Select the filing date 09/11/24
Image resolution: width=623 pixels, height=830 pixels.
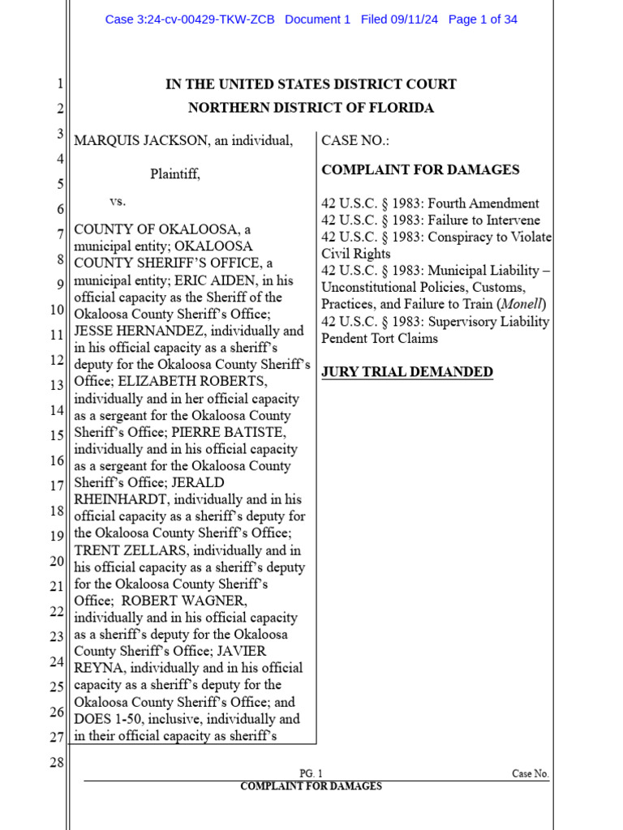click(414, 19)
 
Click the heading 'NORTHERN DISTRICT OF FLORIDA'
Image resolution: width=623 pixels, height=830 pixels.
click(311, 108)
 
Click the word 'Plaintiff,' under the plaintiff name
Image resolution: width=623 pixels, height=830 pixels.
click(174, 174)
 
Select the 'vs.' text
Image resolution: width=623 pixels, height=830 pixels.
click(118, 200)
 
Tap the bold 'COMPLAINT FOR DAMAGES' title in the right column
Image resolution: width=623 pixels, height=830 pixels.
click(420, 170)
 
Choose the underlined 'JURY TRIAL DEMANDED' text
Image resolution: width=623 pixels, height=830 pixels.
click(407, 372)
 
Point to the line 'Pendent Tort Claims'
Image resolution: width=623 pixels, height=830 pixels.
click(380, 339)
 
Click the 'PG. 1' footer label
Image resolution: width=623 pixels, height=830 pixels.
click(311, 774)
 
